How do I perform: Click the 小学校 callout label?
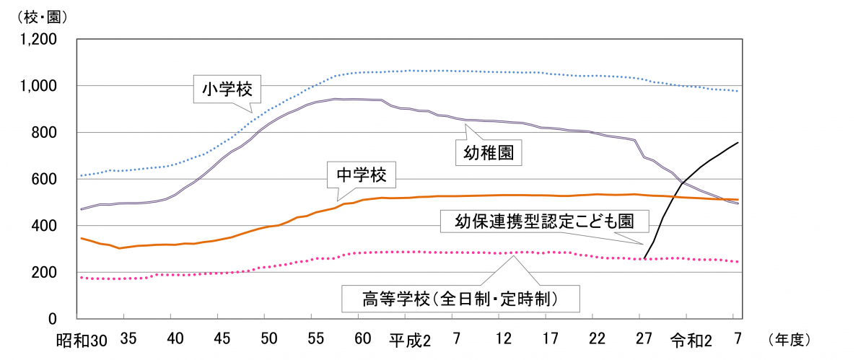coord(222,89)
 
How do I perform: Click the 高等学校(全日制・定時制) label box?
coord(461,297)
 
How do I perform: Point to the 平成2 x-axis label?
coord(410,339)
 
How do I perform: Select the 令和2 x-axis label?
coord(687,339)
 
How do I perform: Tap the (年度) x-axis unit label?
coord(790,338)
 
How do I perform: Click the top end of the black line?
coord(738,142)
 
